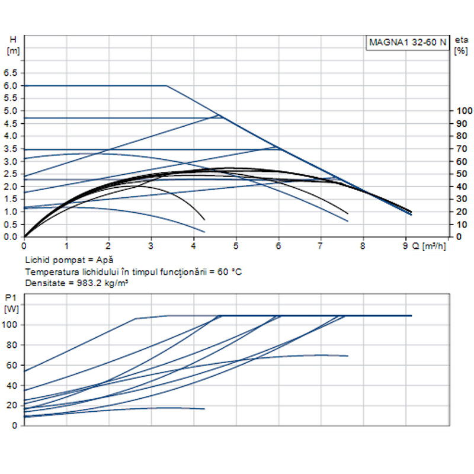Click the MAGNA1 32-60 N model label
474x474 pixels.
[x=408, y=43]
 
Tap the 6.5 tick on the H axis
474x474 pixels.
[x=11, y=73]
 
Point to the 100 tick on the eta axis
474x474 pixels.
[x=462, y=111]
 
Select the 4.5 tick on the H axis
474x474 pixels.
[x=11, y=123]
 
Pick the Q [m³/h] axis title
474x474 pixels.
[x=429, y=245]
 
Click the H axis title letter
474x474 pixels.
[x=12, y=40]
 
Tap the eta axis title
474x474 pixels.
[x=461, y=40]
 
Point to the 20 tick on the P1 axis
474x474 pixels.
[x=12, y=405]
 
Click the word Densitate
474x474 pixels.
[x=44, y=283]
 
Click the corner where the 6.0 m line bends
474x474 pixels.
[x=166, y=86]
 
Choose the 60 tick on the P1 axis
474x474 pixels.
[x=12, y=365]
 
